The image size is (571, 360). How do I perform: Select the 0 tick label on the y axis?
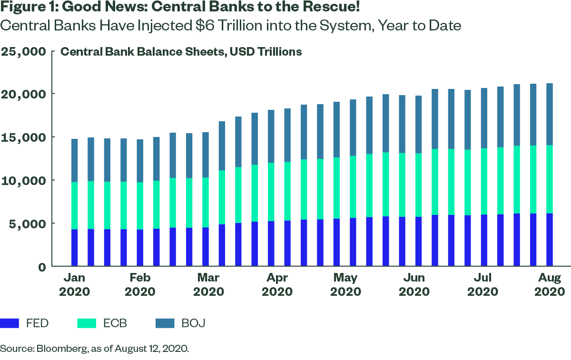pos(42,267)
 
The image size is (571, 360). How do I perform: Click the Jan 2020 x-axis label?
pos(74,284)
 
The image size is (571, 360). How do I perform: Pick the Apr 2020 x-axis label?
pos(277,284)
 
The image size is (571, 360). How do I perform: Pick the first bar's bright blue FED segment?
pos(74,247)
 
